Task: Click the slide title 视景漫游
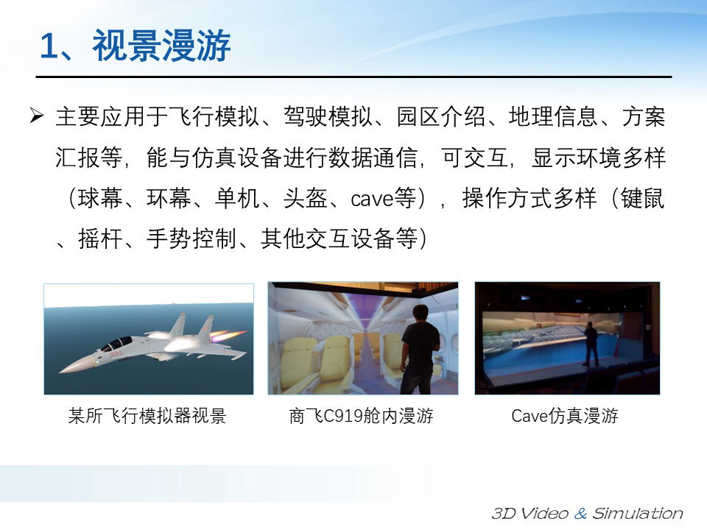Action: (161, 46)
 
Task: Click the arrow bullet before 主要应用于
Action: (37, 116)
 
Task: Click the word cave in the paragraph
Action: (371, 198)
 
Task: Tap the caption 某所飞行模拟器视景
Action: (147, 415)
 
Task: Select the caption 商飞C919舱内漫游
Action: (361, 415)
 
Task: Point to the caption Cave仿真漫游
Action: (565, 415)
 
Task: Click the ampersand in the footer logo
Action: (581, 513)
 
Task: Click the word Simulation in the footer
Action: (638, 513)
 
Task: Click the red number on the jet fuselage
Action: (116, 354)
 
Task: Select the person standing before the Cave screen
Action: (590, 344)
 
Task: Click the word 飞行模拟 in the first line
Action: (214, 117)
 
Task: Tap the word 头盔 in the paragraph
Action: (305, 198)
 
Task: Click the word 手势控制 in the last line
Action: (191, 239)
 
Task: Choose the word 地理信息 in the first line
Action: (554, 117)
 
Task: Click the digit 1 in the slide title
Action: (49, 46)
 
